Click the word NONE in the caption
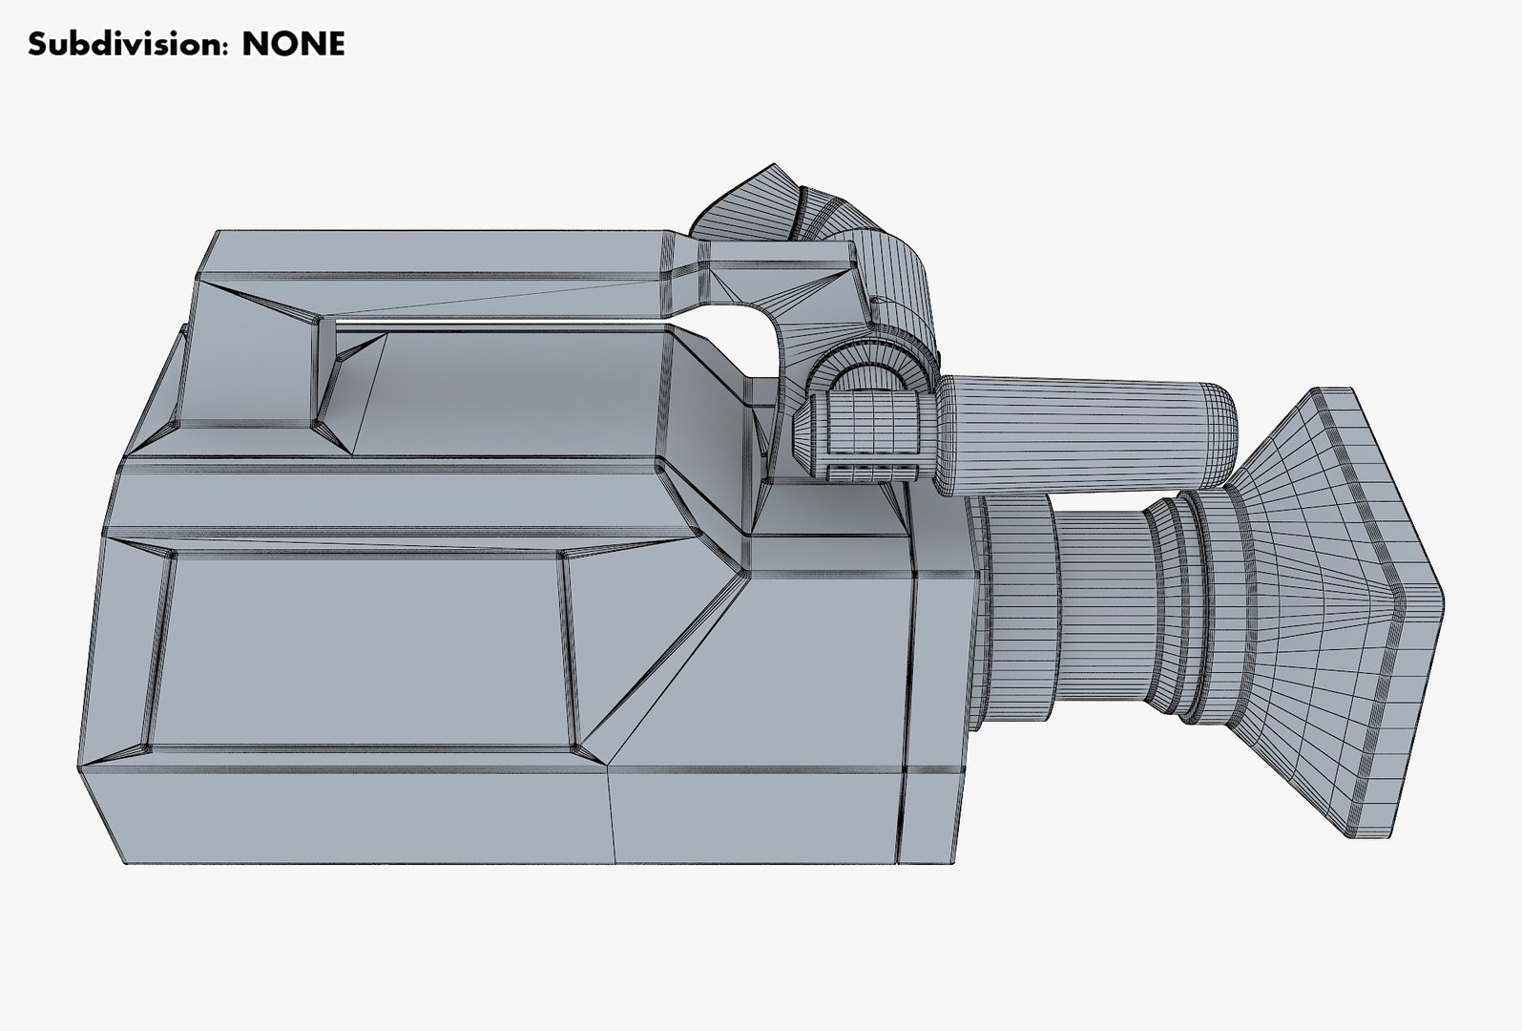tap(293, 44)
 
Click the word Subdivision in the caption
tap(128, 44)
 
